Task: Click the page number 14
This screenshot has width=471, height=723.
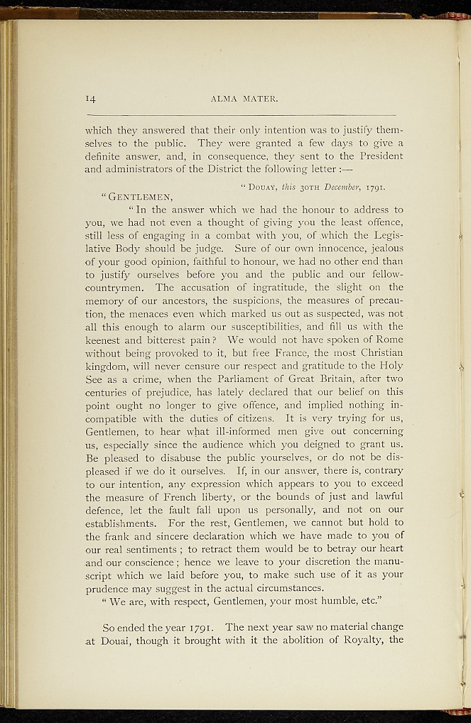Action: pos(92,99)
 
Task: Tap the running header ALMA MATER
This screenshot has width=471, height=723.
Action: pos(244,100)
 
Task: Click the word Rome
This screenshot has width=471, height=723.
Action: pos(388,339)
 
